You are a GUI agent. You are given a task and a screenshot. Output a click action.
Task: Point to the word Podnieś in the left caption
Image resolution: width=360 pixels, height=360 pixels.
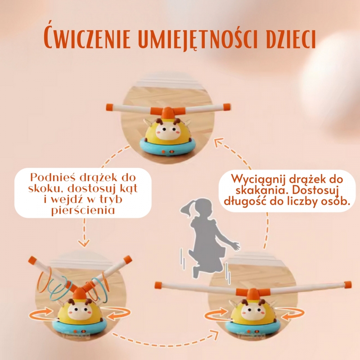pos(50,176)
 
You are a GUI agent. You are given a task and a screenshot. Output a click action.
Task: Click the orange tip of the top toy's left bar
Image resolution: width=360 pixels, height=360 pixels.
pos(108,107)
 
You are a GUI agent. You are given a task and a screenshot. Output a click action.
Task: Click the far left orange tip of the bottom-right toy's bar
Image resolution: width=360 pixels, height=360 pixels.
pos(158,284)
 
